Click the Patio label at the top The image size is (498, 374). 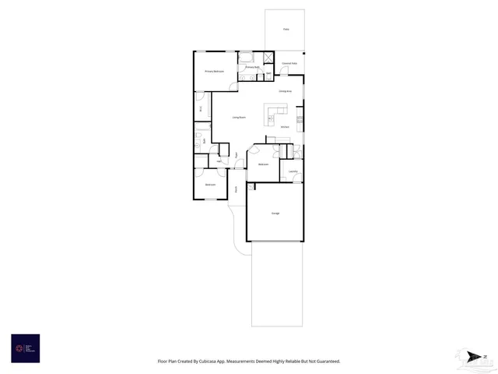pos(286,29)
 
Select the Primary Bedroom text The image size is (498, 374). pos(215,72)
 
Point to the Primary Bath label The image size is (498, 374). pos(252,68)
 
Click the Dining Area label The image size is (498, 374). pos(285,92)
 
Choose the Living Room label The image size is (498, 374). pos(239,117)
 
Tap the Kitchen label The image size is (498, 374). pos(285,126)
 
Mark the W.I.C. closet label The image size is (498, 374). pos(202,109)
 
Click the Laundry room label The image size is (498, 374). pos(293,171)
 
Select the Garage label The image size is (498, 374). pos(275,213)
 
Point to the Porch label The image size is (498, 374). pos(237,189)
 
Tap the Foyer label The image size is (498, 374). pos(237,155)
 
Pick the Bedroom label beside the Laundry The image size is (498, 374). pos(264,164)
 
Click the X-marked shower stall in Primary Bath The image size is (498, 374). pos(268,57)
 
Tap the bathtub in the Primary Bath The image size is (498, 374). pos(245,56)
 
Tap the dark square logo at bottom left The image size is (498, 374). pos(26,348)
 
